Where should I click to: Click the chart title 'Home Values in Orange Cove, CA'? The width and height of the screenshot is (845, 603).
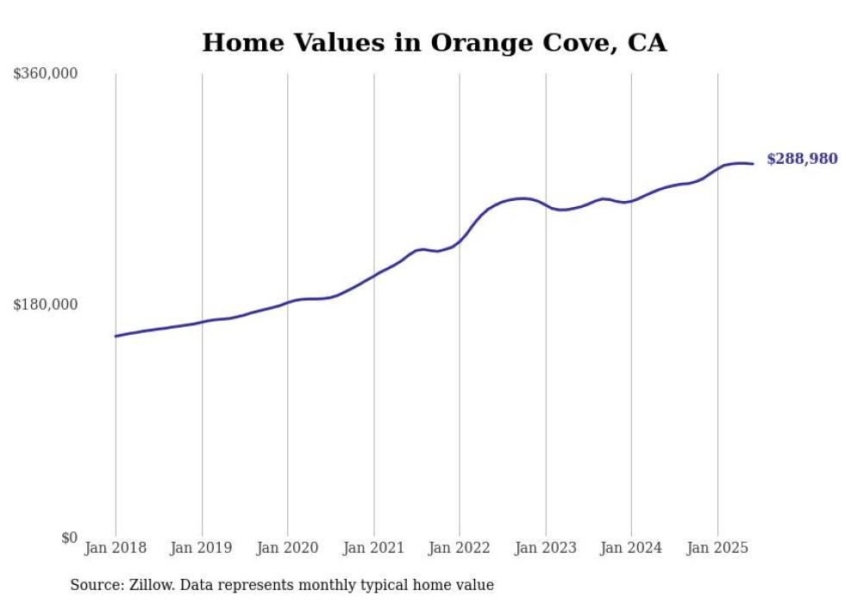[434, 42]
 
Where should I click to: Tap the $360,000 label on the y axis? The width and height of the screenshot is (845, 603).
[46, 74]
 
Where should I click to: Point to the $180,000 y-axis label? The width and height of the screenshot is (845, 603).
[46, 305]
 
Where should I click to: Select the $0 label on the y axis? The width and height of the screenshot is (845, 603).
[69, 537]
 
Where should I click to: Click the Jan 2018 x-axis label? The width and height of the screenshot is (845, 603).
[116, 548]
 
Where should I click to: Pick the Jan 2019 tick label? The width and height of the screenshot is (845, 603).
[202, 548]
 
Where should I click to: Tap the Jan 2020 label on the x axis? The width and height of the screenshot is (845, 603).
[288, 548]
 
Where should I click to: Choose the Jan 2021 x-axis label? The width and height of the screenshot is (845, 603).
[373, 548]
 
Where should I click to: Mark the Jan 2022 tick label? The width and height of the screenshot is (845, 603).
[460, 548]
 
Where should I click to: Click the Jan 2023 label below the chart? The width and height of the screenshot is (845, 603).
[546, 548]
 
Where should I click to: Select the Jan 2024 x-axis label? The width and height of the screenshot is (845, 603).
[631, 548]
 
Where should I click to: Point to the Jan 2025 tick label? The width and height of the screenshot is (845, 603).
[717, 548]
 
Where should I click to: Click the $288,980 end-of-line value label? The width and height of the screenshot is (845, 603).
[802, 159]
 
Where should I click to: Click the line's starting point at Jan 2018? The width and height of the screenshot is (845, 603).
[116, 336]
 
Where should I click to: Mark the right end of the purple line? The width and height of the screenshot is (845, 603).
[753, 164]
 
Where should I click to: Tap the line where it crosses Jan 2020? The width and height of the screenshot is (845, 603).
[288, 302]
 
